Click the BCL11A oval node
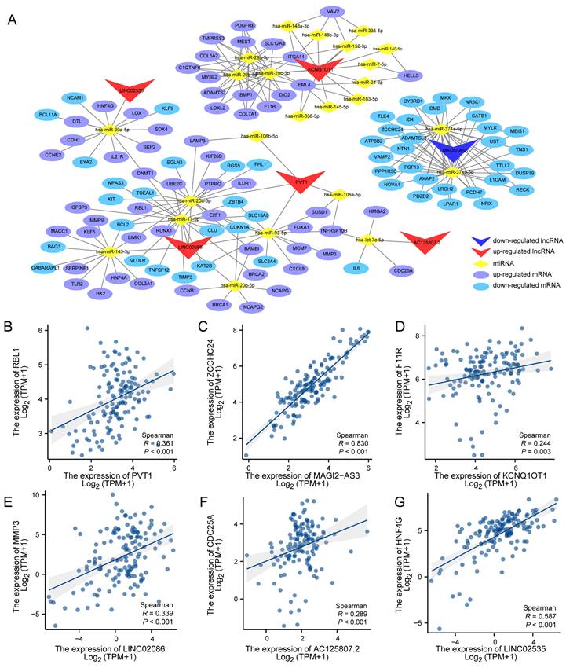pos(49,114)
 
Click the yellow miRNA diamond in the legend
pos(479,266)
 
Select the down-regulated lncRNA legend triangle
pos(479,240)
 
